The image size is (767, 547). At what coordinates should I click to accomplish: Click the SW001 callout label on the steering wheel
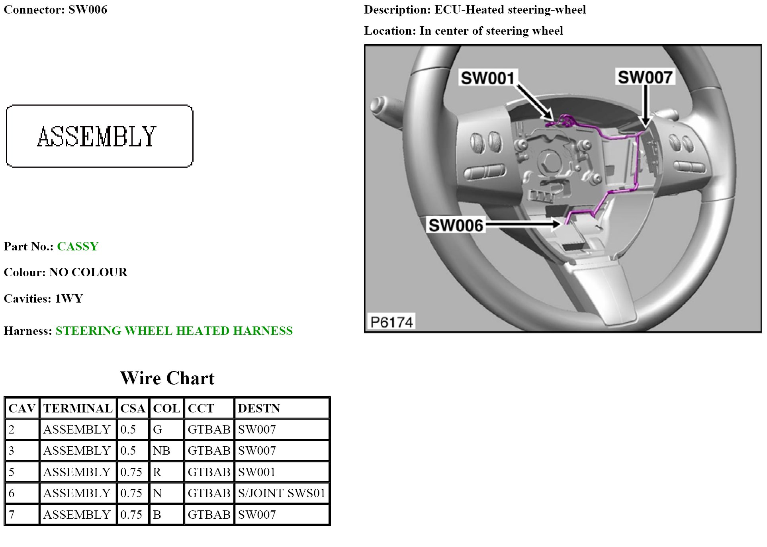click(x=488, y=78)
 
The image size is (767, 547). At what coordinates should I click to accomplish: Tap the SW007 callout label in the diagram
click(x=645, y=77)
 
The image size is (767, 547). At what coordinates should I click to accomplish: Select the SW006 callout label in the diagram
click(x=456, y=225)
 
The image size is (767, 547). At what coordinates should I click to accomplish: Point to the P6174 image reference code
click(x=391, y=322)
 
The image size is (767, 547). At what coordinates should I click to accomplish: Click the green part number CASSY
click(x=78, y=246)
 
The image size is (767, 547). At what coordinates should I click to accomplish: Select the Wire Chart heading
click(x=167, y=378)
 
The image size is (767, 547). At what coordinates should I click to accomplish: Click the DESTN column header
click(x=259, y=408)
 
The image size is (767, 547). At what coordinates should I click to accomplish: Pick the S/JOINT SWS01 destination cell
click(x=282, y=493)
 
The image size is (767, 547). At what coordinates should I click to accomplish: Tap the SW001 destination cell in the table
click(x=257, y=472)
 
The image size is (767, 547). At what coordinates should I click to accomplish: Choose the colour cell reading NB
click(x=162, y=451)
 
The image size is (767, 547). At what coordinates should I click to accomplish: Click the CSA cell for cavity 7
click(x=131, y=515)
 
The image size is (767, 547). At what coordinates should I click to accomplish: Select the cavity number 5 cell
click(x=12, y=472)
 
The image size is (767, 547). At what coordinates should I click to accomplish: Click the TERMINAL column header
click(x=78, y=408)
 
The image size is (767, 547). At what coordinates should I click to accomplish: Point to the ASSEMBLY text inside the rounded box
click(x=97, y=137)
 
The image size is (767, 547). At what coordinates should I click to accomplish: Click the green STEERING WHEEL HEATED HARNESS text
click(x=174, y=331)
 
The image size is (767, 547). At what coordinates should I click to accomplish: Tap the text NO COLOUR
click(x=88, y=272)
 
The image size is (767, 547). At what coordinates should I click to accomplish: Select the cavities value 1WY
click(x=69, y=299)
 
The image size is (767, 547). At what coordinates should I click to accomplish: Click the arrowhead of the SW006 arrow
click(x=556, y=224)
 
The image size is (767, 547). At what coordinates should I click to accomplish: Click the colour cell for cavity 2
click(x=158, y=430)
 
